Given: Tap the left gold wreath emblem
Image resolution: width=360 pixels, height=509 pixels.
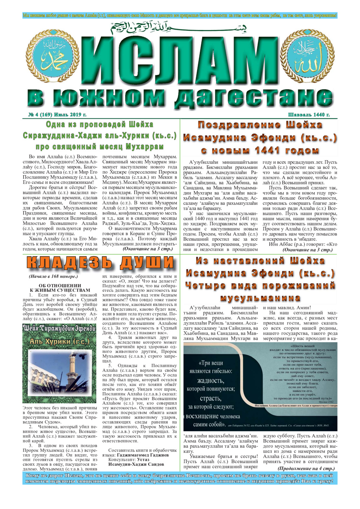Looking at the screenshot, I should tap(52, 56).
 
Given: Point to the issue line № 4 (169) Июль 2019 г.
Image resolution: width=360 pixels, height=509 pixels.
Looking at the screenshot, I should tap(58, 115).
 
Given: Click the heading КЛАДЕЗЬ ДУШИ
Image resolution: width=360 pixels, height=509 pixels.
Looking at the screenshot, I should tap(101, 263).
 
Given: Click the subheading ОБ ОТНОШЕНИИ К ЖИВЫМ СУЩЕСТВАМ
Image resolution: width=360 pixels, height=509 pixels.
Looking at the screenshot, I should tap(60, 288).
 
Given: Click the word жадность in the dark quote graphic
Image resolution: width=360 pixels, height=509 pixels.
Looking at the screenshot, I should tap(210, 381).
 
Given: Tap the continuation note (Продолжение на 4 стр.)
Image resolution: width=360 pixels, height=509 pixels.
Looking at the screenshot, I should tap(306, 468).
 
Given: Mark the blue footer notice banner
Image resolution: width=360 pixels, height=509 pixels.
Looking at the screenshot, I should tap(180, 478).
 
